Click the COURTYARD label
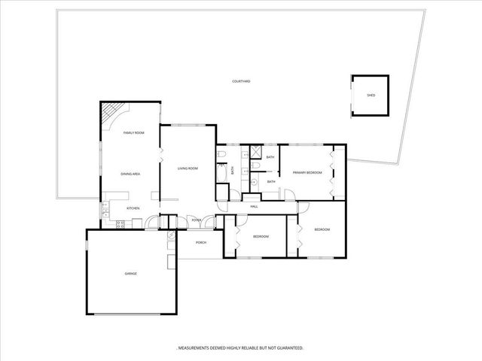click(x=241, y=80)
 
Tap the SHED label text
click(x=371, y=96)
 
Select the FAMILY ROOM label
click(x=134, y=132)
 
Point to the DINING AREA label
click(x=130, y=174)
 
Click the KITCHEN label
click(x=133, y=208)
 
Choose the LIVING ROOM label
click(x=188, y=168)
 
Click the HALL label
click(x=255, y=205)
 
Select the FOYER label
click(x=196, y=220)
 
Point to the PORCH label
click(x=201, y=242)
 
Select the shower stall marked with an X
click(x=255, y=153)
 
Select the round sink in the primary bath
click(x=255, y=181)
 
